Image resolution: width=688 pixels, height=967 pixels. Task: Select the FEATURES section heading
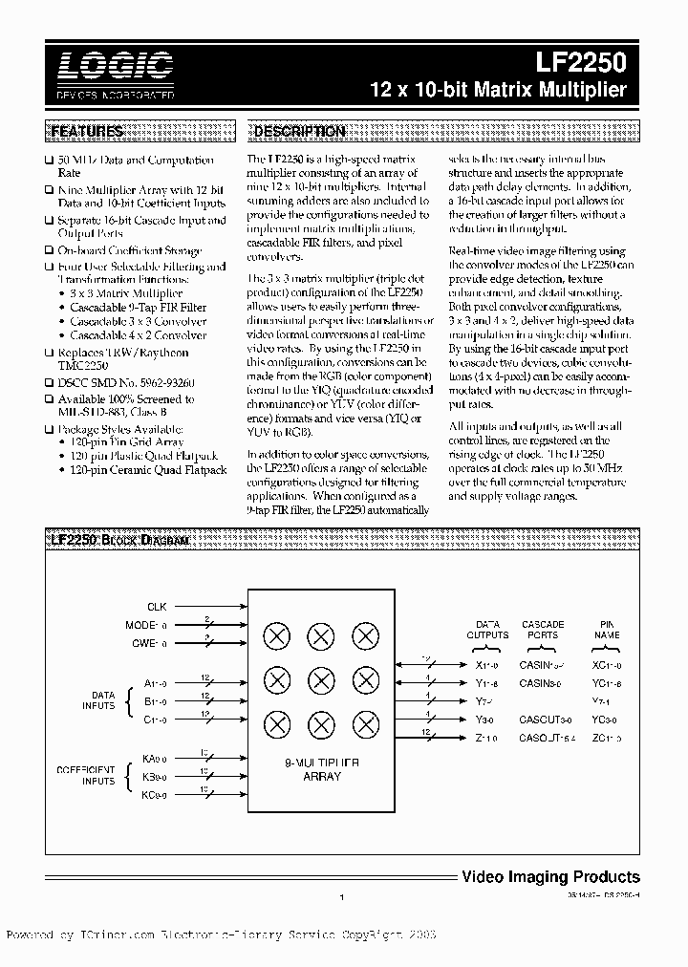(87, 131)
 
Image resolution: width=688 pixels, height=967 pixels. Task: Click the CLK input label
(157, 607)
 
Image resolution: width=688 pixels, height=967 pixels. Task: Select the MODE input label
(154, 625)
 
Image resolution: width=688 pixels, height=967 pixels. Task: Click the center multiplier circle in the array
(320, 679)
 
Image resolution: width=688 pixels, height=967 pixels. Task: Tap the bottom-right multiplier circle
(364, 722)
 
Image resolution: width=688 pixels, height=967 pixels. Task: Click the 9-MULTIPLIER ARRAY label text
(320, 770)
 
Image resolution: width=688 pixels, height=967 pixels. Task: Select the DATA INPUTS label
(102, 701)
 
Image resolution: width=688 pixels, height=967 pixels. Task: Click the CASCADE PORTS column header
(543, 630)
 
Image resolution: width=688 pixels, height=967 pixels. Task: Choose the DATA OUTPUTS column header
(487, 630)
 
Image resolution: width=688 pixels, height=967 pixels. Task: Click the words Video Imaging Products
(550, 876)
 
